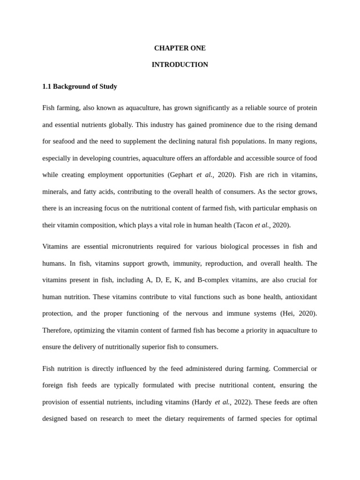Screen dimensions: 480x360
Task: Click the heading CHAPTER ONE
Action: [x=180, y=48]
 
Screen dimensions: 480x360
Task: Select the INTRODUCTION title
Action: [x=180, y=65]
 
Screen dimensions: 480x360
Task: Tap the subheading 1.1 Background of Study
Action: [x=80, y=87]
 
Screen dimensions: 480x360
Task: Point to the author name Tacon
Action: [x=244, y=225]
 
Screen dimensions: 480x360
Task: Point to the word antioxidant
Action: [x=296, y=297]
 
